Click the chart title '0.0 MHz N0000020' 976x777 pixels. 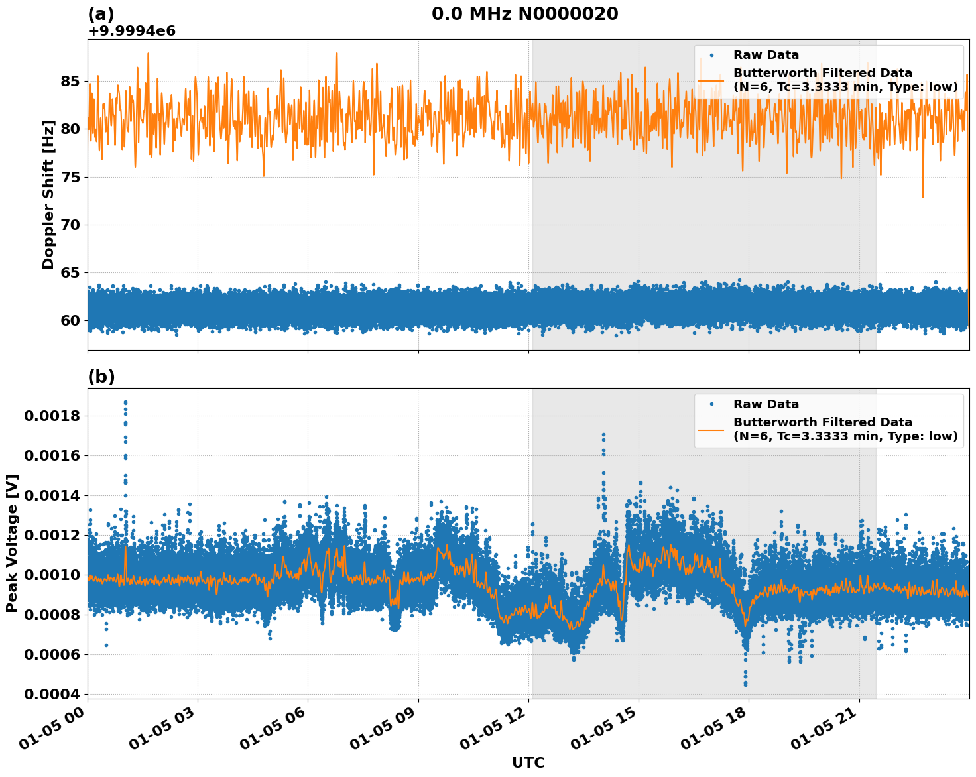point(524,14)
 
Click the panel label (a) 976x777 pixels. point(101,14)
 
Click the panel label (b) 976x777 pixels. point(101,377)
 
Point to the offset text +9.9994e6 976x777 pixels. point(131,30)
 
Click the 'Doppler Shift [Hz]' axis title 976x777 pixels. point(48,194)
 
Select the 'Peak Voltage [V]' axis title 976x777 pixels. point(12,543)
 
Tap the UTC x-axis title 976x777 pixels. point(528,762)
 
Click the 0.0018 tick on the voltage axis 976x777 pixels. point(52,416)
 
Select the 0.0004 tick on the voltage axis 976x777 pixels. point(52,694)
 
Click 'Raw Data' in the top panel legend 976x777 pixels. point(766,55)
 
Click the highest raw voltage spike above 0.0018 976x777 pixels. point(125,402)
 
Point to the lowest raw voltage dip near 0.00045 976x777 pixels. point(745,684)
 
